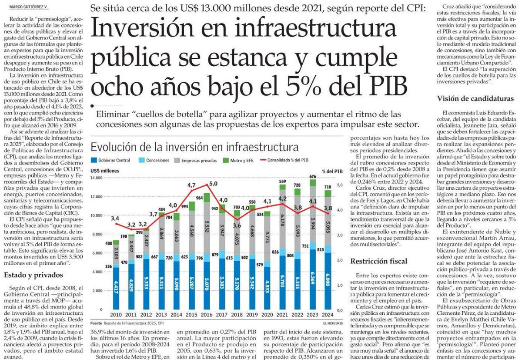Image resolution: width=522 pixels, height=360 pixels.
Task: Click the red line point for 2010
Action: [x=116, y=224]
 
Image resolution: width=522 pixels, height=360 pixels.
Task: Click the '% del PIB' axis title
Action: [x=333, y=171]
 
